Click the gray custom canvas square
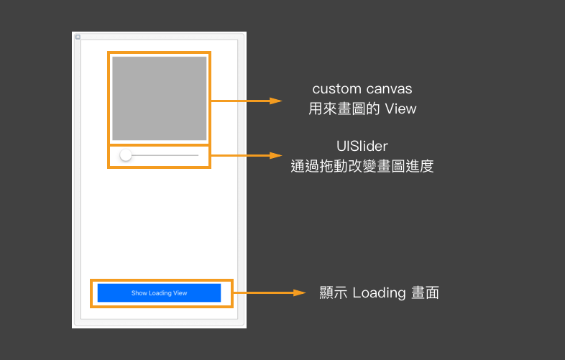point(159,98)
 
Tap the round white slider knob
point(126,155)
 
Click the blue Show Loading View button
point(159,293)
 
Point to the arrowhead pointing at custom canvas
point(276,101)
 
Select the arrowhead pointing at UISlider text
point(276,155)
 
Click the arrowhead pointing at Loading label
point(301,293)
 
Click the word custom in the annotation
point(335,89)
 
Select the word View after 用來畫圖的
point(400,109)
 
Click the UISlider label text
point(362,147)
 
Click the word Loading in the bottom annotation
point(380,293)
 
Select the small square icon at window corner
point(78,37)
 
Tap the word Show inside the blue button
point(138,293)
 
